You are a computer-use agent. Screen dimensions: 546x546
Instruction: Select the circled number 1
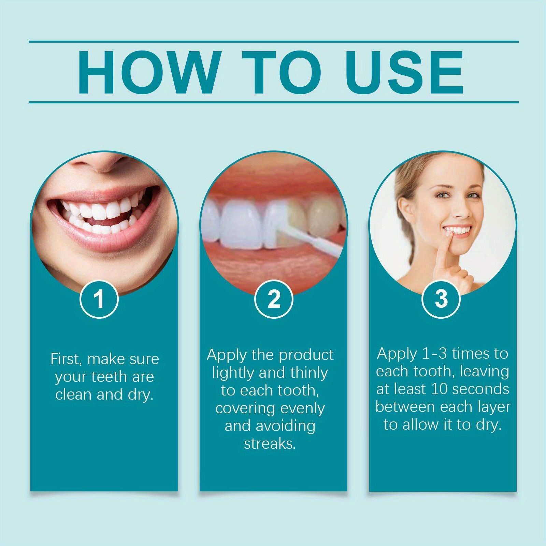[x=99, y=299]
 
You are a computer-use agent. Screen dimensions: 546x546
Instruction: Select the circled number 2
[x=274, y=299]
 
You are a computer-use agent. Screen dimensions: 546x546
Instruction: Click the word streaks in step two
[x=269, y=444]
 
